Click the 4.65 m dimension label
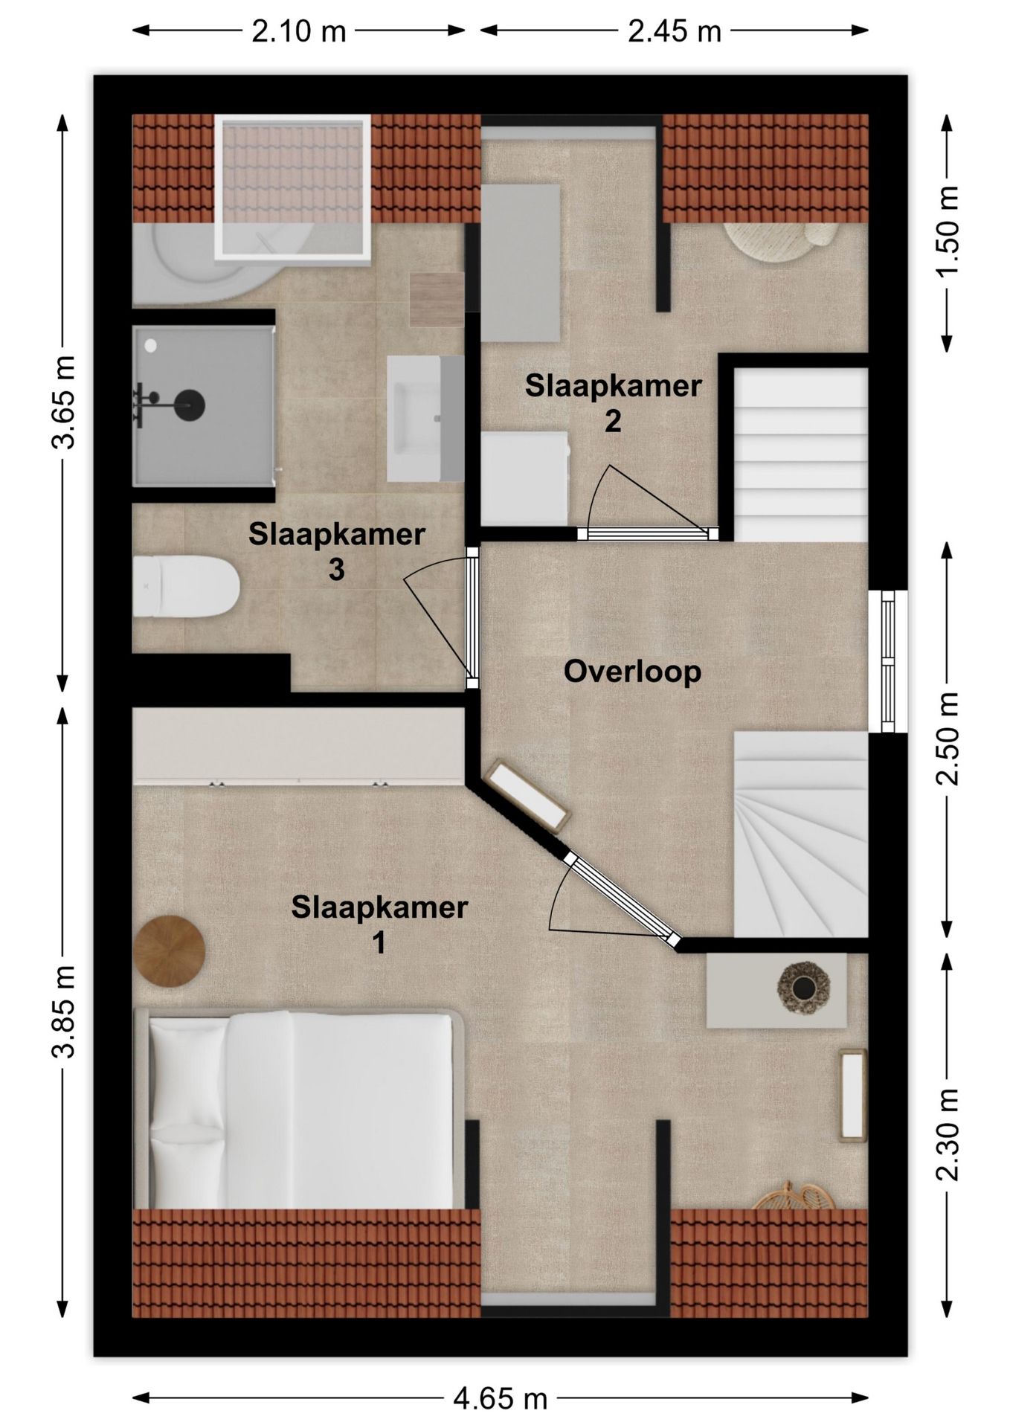coord(500,1399)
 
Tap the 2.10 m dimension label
coord(299,31)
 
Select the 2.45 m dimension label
coord(675,31)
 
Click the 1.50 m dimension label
coord(947,232)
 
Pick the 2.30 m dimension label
coord(947,1135)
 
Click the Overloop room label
coord(632,672)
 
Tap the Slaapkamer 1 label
coord(379,924)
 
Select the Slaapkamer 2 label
coord(613,403)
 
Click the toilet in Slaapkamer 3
coord(186,587)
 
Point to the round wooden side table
coord(170,951)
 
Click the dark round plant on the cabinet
coord(802,987)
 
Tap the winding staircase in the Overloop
coord(801,834)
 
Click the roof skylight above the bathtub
coord(292,188)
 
